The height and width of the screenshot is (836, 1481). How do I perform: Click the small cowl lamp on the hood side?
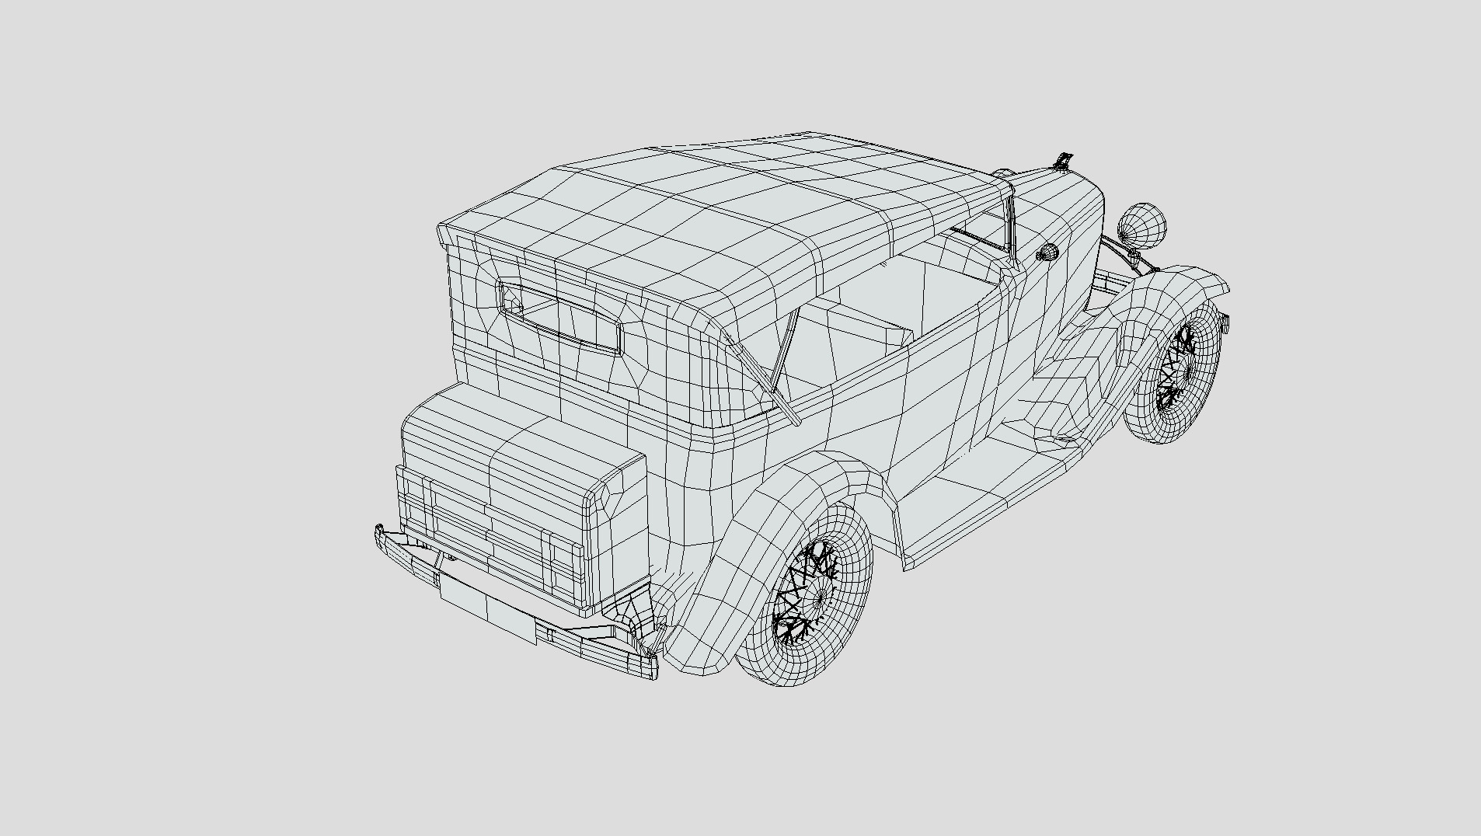(1047, 252)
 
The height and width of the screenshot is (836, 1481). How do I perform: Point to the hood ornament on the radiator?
(1063, 161)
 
